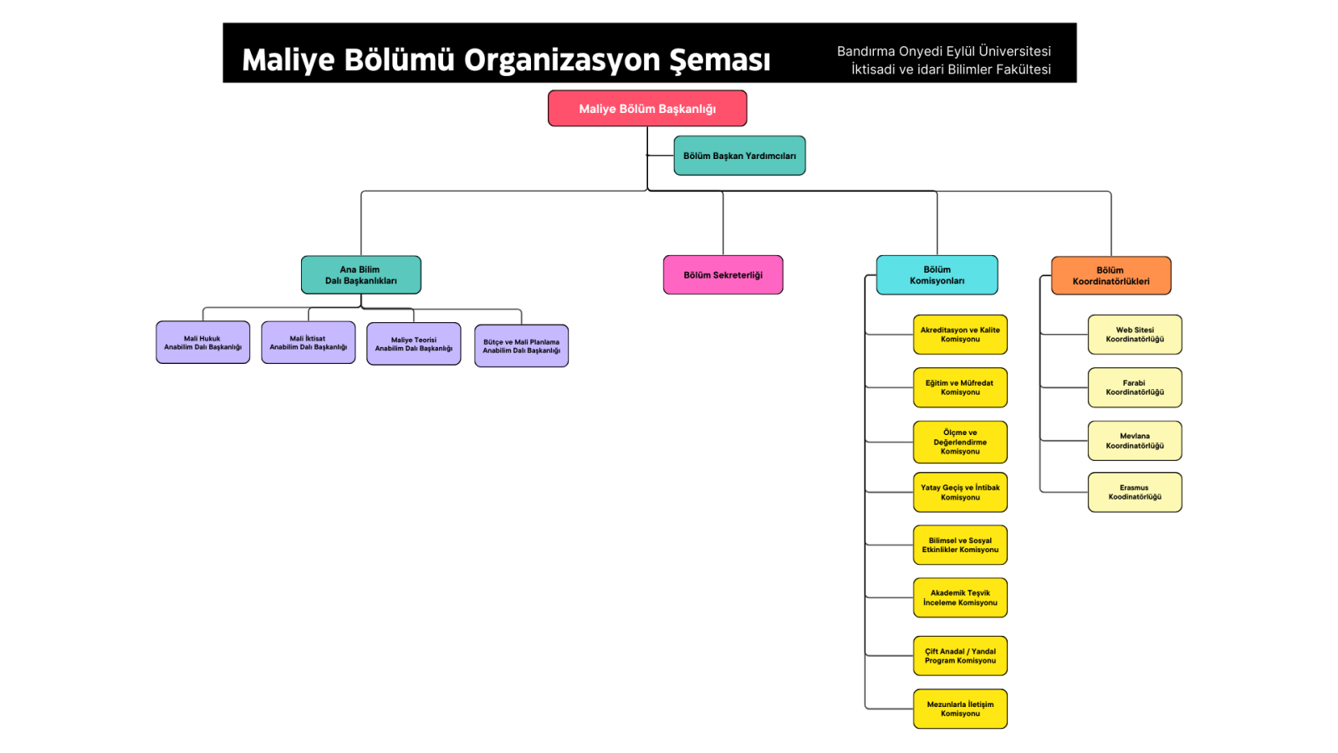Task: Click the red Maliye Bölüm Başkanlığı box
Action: [647, 109]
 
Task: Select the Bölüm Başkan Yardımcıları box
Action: [739, 156]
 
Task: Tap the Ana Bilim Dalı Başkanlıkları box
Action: [360, 275]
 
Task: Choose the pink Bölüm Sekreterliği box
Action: [723, 275]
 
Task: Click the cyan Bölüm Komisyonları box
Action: [937, 275]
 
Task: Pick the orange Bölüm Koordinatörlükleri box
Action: [1111, 276]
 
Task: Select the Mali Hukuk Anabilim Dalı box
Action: [202, 343]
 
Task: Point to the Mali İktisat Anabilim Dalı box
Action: [308, 343]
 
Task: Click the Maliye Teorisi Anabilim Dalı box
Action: [413, 344]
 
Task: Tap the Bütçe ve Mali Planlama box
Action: [521, 346]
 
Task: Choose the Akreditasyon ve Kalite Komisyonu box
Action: [960, 335]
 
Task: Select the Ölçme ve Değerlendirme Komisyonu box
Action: [960, 442]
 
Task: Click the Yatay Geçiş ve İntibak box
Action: [960, 492]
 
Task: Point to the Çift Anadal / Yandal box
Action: [960, 656]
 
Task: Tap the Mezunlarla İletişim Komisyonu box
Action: [960, 709]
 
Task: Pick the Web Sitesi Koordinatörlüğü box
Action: [1135, 335]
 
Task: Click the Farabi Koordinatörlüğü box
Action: [1135, 387]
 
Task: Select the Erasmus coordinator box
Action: [1135, 492]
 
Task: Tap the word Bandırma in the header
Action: [866, 51]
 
